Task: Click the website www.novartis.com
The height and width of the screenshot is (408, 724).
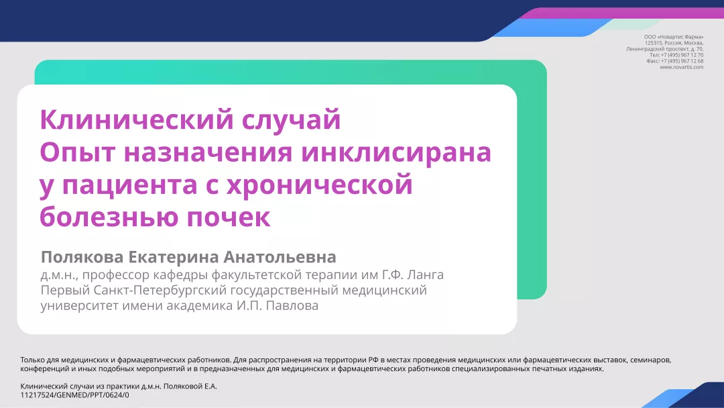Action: coord(682,66)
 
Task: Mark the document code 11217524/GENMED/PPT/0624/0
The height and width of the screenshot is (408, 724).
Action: coord(75,395)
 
